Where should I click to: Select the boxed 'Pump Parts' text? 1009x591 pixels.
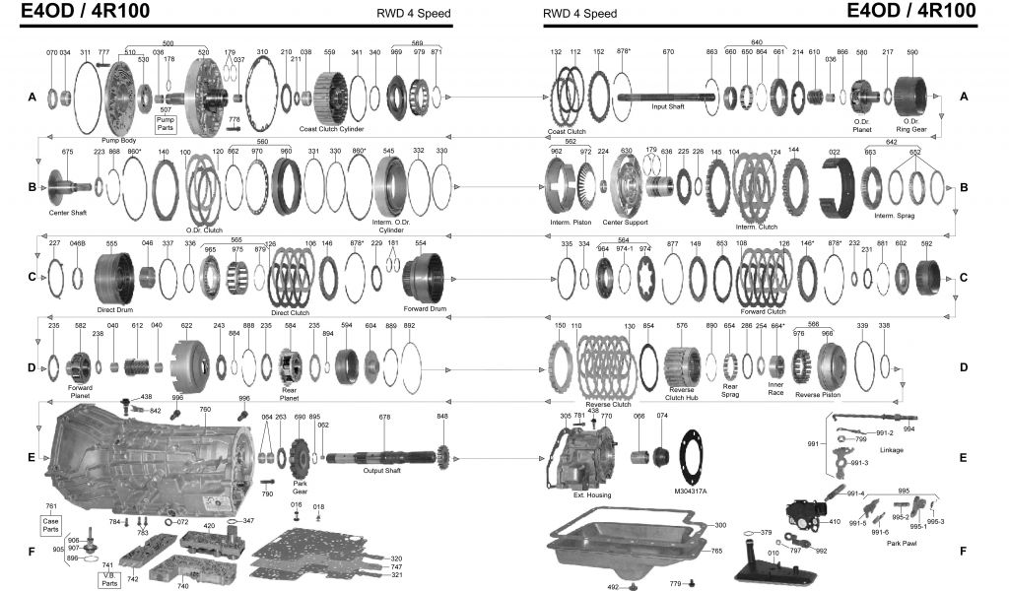click(166, 123)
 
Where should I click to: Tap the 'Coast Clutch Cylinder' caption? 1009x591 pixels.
click(331, 129)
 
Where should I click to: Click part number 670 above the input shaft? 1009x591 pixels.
click(668, 51)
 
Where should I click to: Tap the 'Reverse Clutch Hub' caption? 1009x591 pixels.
click(681, 393)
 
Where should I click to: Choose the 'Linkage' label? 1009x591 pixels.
click(891, 450)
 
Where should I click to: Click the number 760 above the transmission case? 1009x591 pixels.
click(205, 409)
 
